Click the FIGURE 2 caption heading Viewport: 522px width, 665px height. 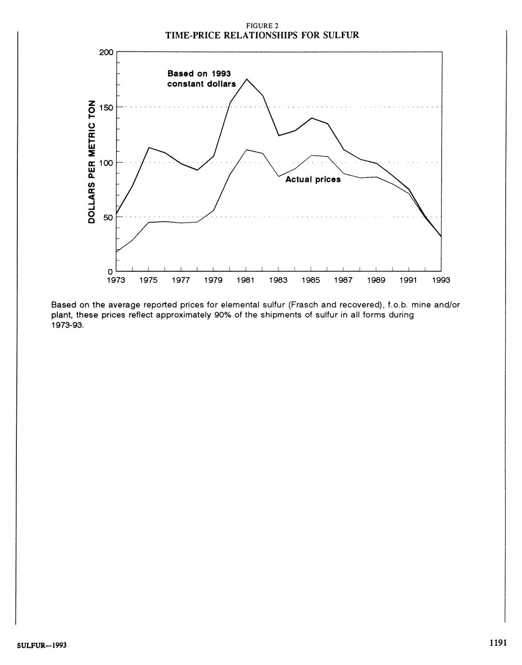click(x=261, y=26)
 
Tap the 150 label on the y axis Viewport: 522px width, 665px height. click(x=106, y=107)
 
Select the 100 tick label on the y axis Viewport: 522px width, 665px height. click(x=106, y=162)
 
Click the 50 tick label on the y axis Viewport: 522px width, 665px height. click(x=108, y=217)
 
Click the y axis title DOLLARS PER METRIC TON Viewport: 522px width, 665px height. click(x=91, y=161)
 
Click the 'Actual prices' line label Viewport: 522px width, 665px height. click(x=313, y=179)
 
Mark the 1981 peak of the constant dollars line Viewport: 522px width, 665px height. click(x=247, y=79)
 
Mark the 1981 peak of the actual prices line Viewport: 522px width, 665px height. click(x=247, y=150)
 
